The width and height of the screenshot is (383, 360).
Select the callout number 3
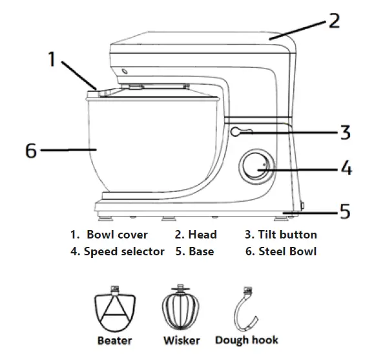(x=345, y=133)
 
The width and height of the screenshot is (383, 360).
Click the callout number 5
(x=345, y=211)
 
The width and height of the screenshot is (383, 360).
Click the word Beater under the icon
(x=114, y=340)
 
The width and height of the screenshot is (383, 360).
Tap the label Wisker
(x=181, y=340)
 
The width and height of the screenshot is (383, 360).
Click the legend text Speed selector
(x=124, y=251)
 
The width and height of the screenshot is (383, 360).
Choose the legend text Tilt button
(x=286, y=235)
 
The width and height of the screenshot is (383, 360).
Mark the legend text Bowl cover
(x=117, y=235)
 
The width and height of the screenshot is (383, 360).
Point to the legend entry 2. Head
(x=196, y=235)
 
